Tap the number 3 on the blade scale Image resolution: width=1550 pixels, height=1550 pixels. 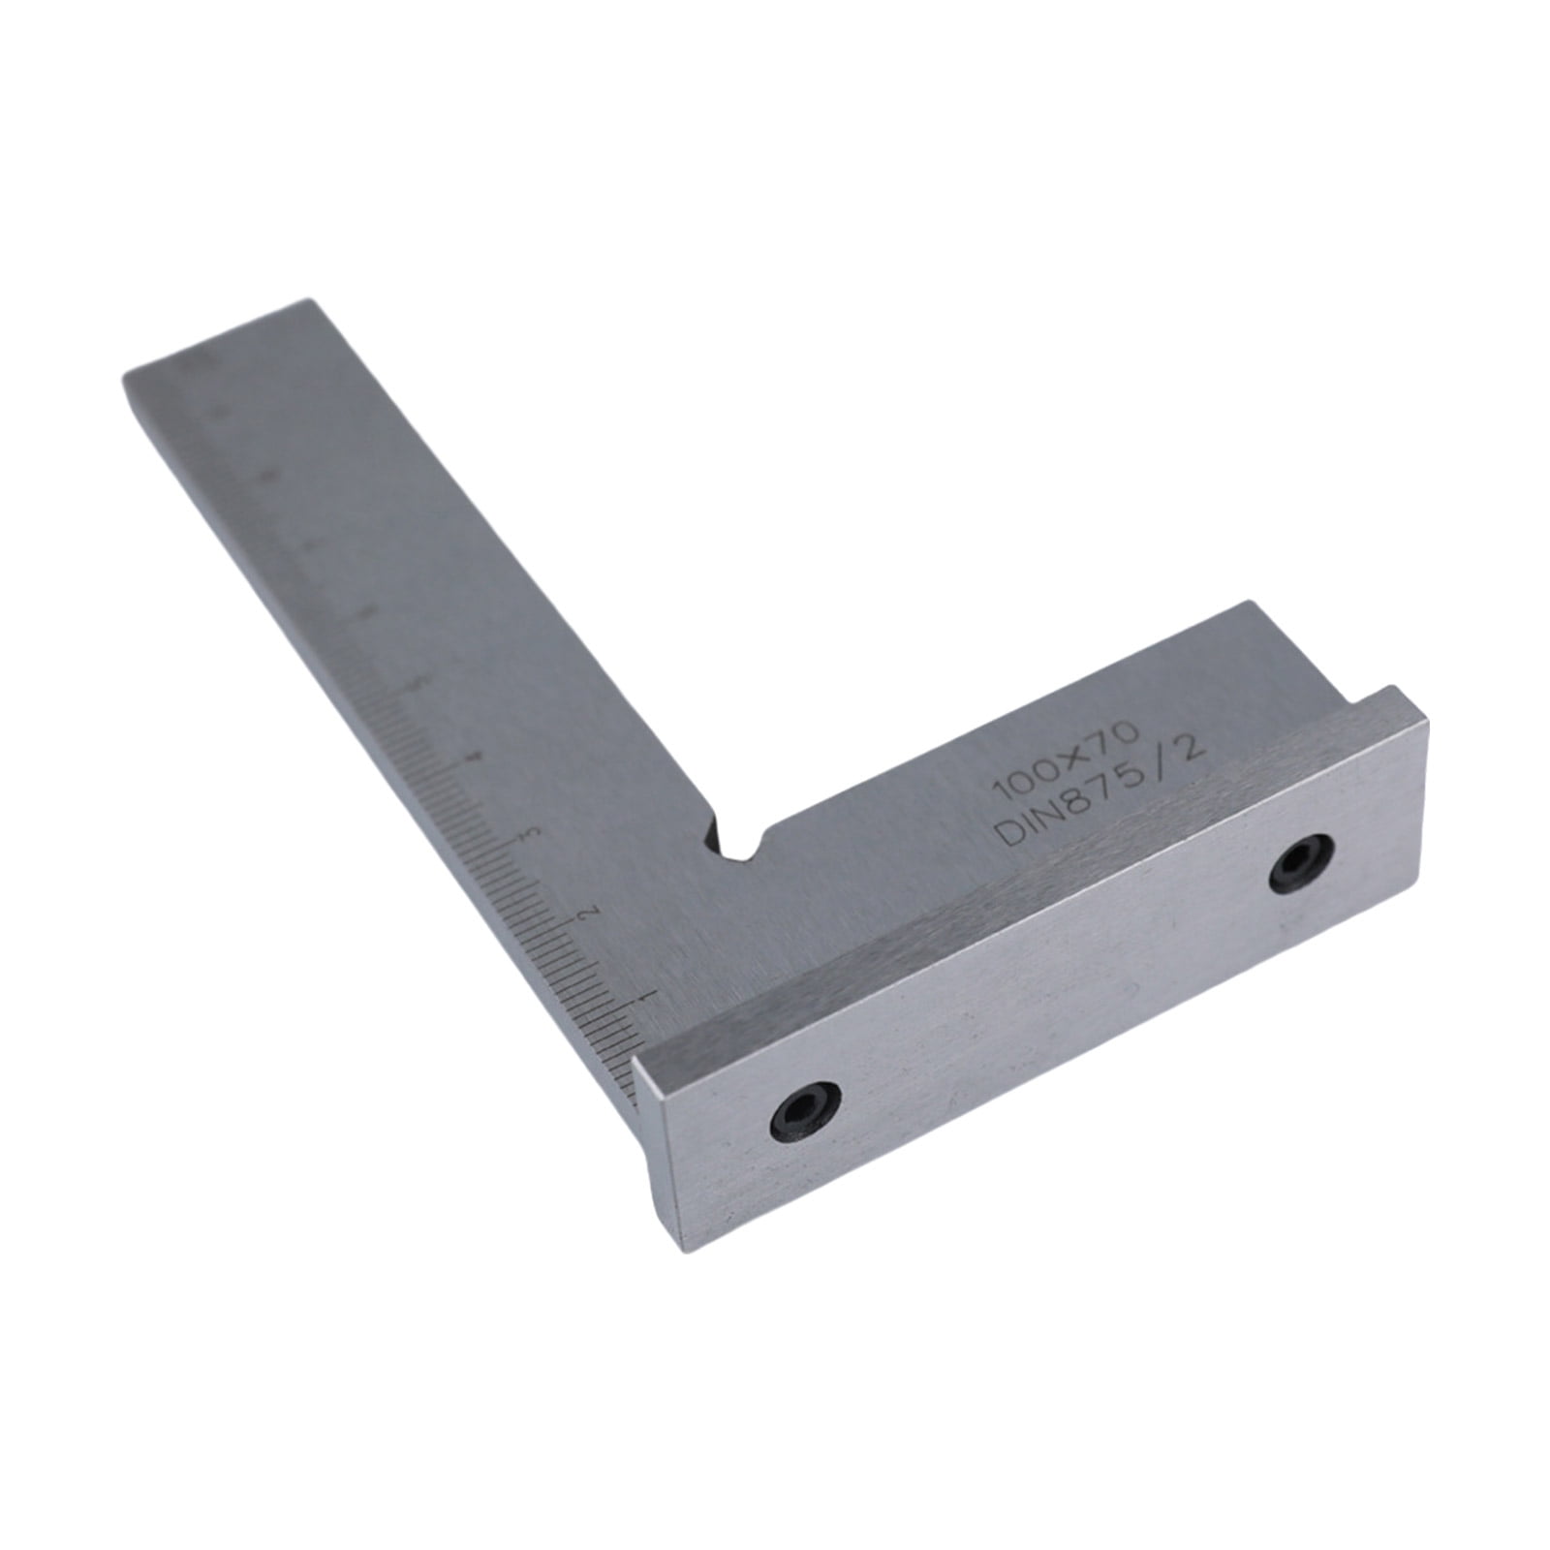[x=527, y=834]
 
